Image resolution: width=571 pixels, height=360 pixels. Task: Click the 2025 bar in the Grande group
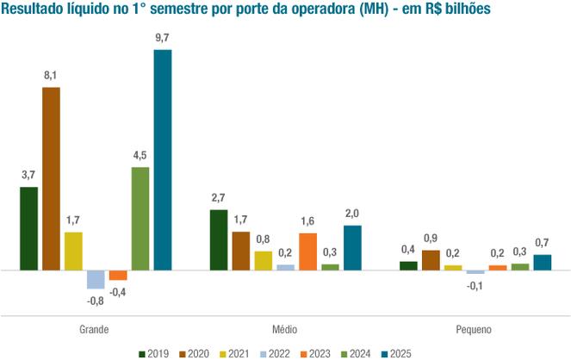coord(163,160)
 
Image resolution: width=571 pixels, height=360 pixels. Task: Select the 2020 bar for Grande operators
coord(51,178)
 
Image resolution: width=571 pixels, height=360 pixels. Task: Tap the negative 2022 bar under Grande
coord(96,279)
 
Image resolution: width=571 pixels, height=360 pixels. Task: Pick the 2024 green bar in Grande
coord(140,219)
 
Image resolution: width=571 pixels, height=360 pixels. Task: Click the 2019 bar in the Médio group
coord(219,240)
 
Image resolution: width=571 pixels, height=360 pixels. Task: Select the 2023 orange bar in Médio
coord(307,251)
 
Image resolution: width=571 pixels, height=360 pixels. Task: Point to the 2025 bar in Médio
coord(352,248)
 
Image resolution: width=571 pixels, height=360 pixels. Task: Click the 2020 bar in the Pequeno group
coord(431,260)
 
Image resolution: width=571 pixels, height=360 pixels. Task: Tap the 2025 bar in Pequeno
coord(543,262)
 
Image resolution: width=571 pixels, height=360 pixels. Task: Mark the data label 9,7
coord(163,38)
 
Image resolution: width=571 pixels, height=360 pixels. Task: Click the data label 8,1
coord(51,76)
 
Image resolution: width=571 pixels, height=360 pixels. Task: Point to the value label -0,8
coord(95,301)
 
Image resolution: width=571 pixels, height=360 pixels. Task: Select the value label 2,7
coord(219,198)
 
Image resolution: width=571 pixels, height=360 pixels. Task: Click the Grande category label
coord(94,330)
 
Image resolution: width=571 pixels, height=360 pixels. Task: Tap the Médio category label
coord(285,330)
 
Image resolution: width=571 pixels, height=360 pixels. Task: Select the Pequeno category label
coord(475,330)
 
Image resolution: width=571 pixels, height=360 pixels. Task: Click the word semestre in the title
coord(201,9)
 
